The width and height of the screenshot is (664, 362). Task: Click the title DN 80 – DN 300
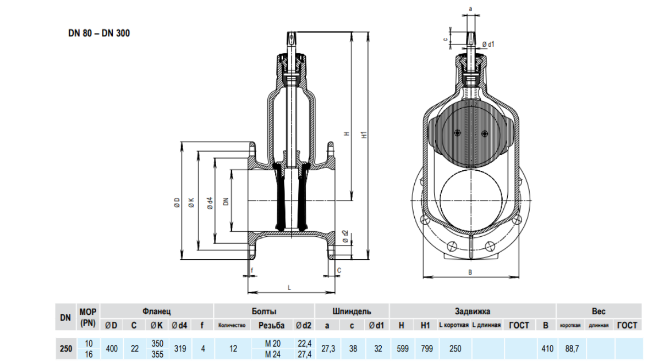99,33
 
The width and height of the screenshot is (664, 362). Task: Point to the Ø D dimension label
177,202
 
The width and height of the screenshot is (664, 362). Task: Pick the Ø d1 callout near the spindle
489,44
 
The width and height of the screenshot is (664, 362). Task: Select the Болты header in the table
264,311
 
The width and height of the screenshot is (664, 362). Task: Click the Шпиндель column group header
352,311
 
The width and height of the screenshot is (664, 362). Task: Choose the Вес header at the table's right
599,311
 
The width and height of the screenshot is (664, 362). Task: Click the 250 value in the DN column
65,348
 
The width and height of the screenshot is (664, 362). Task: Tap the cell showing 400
111,348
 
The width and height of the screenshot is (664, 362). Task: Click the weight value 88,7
570,348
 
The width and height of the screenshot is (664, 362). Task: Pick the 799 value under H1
425,348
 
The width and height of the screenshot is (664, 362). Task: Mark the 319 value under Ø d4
179,348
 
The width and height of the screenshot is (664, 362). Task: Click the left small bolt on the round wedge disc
457,132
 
